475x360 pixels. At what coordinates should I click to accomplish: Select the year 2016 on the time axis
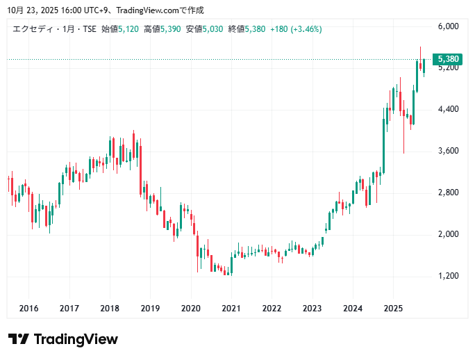pyautogui.click(x=28, y=308)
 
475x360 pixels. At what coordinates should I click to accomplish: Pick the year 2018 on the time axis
pyautogui.click(x=110, y=308)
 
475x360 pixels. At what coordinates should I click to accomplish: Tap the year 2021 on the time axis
pyautogui.click(x=231, y=308)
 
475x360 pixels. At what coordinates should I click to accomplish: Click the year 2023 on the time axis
pyautogui.click(x=312, y=308)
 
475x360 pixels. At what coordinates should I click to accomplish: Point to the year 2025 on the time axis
pyautogui.click(x=393, y=308)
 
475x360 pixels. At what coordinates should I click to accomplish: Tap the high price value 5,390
pyautogui.click(x=171, y=29)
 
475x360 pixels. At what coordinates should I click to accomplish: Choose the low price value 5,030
pyautogui.click(x=213, y=29)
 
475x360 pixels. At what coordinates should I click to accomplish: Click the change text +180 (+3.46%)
pyautogui.click(x=296, y=29)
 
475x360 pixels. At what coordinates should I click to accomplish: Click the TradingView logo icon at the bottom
pyautogui.click(x=19, y=339)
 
